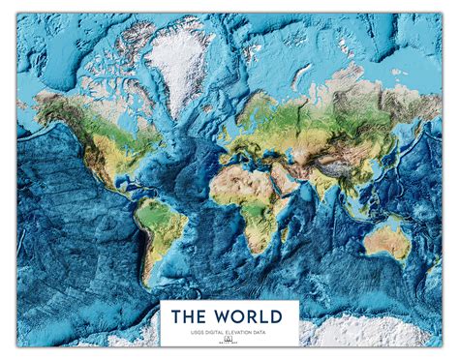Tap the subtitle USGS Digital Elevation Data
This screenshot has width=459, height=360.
(x=229, y=332)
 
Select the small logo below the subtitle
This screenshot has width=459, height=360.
(x=229, y=341)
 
